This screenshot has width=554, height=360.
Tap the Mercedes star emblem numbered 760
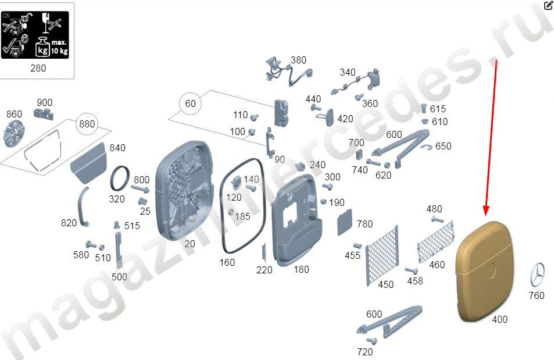(537, 275)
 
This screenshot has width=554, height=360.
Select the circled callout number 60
(190, 104)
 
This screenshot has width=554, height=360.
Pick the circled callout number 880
(87, 124)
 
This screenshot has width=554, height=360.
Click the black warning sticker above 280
(35, 35)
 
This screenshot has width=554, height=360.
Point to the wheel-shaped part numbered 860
(14, 133)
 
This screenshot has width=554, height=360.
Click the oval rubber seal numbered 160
(242, 206)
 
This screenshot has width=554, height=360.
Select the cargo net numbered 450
(383, 255)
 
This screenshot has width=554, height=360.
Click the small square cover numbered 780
(345, 222)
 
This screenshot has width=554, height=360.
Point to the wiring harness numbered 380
(287, 72)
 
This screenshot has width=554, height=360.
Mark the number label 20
(190, 244)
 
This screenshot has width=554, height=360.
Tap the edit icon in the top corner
(548, 5)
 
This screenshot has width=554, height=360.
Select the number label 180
(301, 269)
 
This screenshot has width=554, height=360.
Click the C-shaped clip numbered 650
(427, 147)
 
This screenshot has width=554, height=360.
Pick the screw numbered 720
(371, 341)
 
